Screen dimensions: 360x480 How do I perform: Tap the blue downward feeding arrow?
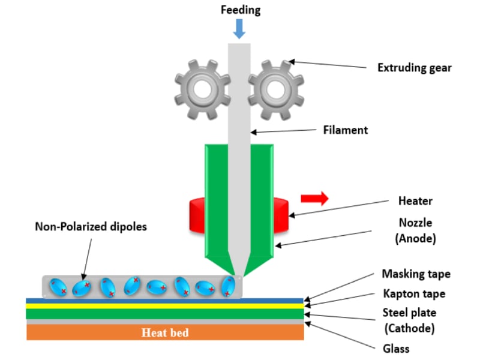[x=239, y=29]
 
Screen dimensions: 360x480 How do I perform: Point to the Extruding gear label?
[x=414, y=68]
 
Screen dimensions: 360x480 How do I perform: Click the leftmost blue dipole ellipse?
[x=58, y=286]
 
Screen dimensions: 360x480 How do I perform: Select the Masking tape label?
[x=416, y=274]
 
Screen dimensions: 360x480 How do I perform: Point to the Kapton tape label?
[x=414, y=294]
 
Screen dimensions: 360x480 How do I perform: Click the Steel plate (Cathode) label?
[x=409, y=320]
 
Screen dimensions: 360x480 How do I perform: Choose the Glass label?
[x=396, y=348]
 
